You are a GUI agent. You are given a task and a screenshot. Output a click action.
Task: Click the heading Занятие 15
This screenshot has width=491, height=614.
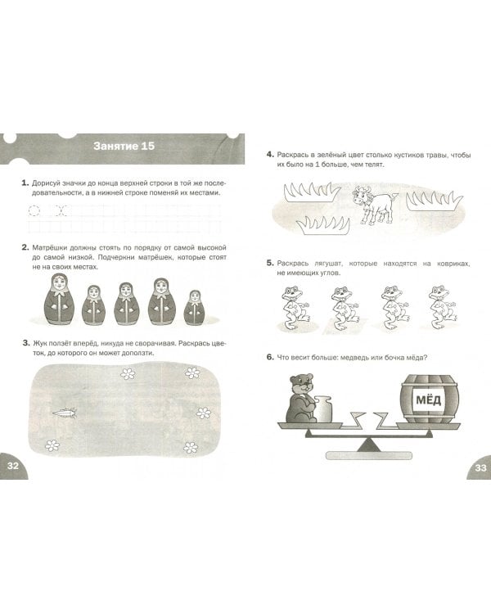coord(124,146)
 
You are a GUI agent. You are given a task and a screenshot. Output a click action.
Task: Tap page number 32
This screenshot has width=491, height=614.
coord(13,466)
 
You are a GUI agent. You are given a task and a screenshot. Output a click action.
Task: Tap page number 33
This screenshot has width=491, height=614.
coord(480,467)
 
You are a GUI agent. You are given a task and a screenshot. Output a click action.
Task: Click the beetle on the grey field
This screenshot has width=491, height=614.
coord(65,413)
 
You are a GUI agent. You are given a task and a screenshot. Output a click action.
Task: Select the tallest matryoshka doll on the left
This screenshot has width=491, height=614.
coord(60,299)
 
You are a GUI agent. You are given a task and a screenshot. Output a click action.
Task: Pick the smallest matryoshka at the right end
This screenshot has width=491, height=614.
coord(195,307)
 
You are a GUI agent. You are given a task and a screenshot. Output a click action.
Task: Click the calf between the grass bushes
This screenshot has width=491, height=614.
coord(373,205)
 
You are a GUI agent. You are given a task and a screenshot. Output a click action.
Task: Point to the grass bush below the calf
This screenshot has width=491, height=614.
coord(323,225)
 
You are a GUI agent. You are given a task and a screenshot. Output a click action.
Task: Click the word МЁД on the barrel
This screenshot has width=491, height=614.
coord(428,400)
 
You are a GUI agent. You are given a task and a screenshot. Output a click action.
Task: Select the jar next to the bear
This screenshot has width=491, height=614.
coord(323,409)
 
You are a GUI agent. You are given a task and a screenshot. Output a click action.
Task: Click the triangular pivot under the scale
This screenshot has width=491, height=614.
coord(367,445)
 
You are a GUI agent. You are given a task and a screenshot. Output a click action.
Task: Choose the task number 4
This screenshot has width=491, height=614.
coord(270,154)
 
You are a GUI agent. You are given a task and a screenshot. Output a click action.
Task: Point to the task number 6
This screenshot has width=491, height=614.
coord(270,357)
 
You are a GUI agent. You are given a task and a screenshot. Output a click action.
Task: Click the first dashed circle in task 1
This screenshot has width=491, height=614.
coord(34,210)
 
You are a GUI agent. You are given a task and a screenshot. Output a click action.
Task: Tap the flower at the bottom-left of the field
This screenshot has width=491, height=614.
coord(52,445)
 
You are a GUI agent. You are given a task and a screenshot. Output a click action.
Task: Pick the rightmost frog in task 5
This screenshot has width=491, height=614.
coord(443,308)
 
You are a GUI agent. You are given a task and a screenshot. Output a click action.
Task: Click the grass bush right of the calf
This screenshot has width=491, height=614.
coord(435,201)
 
